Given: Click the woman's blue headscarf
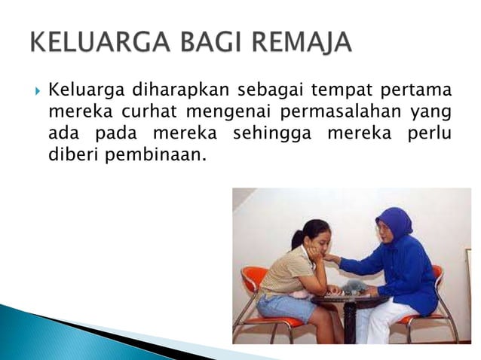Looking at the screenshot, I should [x=395, y=221].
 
